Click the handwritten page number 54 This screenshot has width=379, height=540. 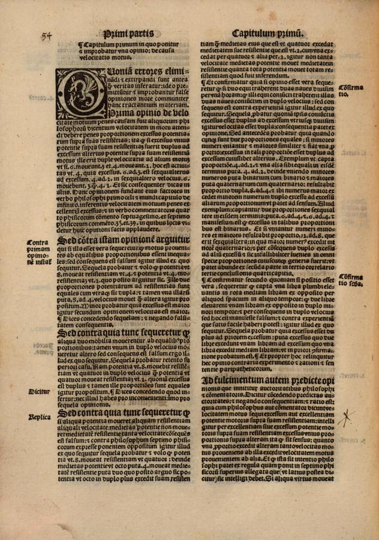pos(47,35)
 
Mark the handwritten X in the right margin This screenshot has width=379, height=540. pos(345,418)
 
